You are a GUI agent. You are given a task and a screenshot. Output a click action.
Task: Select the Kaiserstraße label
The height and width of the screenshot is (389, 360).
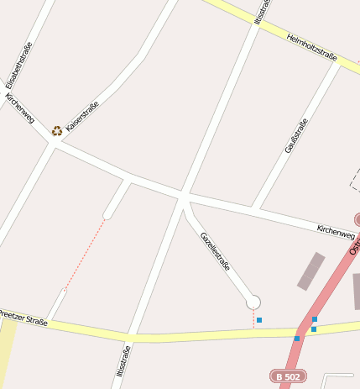click(x=82, y=115)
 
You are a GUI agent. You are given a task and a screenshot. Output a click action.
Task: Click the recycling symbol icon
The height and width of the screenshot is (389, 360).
click(x=56, y=130)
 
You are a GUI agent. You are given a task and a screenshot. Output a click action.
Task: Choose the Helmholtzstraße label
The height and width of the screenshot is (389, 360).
click(x=311, y=48)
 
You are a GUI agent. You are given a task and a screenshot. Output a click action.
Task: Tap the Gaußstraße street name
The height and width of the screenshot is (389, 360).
click(x=296, y=134)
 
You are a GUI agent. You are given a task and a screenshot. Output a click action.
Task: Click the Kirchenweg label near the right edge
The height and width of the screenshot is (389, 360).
click(x=336, y=231)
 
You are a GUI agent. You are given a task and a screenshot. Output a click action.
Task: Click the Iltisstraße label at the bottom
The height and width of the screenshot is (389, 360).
click(x=123, y=361)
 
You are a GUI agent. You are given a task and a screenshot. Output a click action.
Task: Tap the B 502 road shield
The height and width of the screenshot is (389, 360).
click(x=287, y=377)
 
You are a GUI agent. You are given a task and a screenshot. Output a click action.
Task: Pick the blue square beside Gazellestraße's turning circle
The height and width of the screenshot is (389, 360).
click(x=259, y=320)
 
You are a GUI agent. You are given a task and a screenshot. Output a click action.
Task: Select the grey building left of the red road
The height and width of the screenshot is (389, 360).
click(x=311, y=271)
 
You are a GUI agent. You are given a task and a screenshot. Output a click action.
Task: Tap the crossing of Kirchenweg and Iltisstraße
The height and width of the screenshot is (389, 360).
click(x=183, y=197)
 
